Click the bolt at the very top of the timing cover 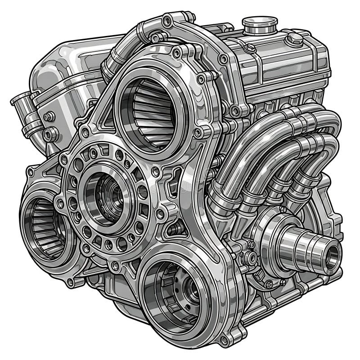[x=168, y=20]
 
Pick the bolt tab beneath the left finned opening [x=70, y=283]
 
